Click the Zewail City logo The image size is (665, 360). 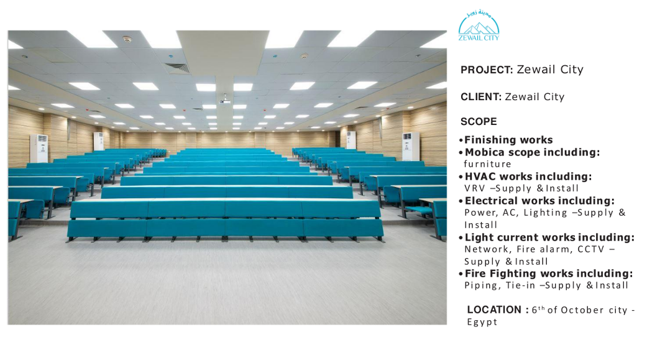[479, 25]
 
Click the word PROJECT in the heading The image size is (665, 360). [486, 70]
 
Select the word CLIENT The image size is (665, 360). [480, 97]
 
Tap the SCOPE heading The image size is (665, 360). [479, 121]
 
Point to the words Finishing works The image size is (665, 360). [508, 140]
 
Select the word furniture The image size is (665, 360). [487, 164]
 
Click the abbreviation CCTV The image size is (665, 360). [591, 249]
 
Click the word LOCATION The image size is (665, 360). [494, 310]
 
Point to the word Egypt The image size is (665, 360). [482, 322]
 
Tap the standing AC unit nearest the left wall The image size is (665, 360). [39, 149]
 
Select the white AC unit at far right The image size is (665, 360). [411, 147]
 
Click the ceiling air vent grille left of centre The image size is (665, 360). [177, 68]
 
